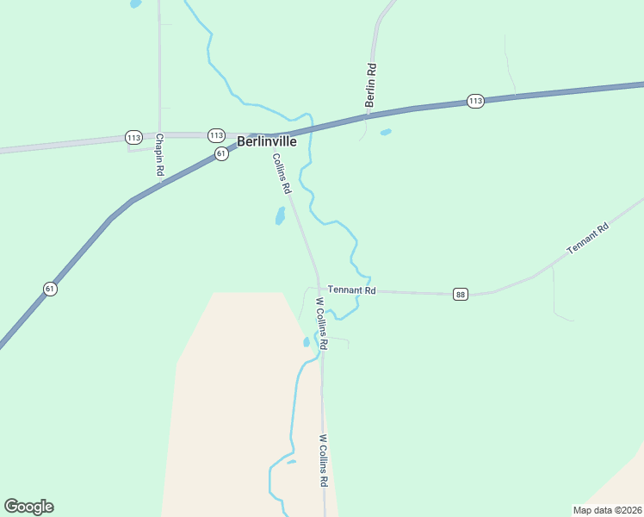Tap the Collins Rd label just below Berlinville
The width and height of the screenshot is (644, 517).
[282, 173]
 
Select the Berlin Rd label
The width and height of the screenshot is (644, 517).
[371, 84]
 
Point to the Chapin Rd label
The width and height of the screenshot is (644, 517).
[160, 155]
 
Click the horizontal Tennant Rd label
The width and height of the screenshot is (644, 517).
[352, 291]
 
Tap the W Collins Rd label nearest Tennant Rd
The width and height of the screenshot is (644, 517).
[322, 323]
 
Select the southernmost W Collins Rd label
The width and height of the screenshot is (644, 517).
[324, 460]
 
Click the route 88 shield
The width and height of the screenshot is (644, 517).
[461, 295]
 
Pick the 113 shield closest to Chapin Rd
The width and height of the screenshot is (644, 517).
[133, 137]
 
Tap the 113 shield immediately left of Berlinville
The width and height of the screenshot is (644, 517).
[216, 135]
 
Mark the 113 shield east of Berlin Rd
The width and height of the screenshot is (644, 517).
[476, 101]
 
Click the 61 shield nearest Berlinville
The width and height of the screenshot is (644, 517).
[222, 153]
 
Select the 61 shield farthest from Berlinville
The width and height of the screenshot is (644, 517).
[50, 289]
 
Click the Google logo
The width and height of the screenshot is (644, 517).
[28, 507]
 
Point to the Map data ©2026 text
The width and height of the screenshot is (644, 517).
[607, 509]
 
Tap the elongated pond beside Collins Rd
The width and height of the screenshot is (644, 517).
[280, 215]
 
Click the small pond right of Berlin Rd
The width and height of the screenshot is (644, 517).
[386, 132]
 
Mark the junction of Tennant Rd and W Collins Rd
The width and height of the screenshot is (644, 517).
[319, 290]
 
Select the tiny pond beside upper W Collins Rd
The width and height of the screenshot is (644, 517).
[307, 341]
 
